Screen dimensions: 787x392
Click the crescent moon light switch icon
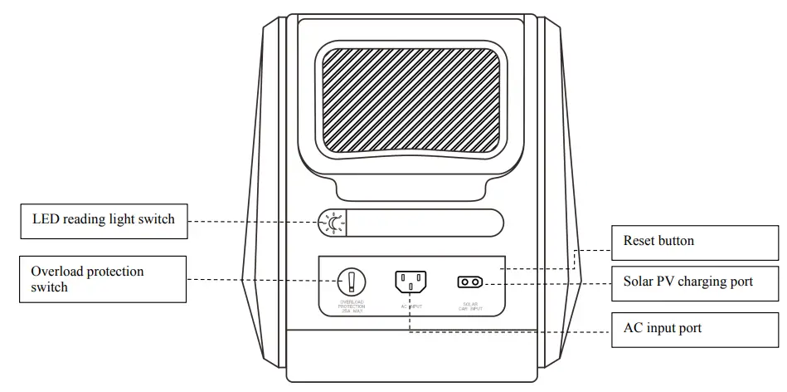tap(333, 222)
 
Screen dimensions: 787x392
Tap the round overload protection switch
tap(352, 280)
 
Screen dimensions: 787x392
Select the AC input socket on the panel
tap(411, 281)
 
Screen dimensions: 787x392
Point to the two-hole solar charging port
tap(469, 282)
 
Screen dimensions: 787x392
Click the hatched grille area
tap(411, 100)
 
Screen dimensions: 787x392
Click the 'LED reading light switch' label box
tap(104, 220)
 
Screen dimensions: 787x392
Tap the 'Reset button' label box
tap(695, 242)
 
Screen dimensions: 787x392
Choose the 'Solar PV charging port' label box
tap(695, 282)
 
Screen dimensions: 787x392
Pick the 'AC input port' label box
tap(695, 328)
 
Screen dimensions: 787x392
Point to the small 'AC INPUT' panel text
tap(411, 305)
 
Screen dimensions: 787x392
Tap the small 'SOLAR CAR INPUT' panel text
tap(470, 306)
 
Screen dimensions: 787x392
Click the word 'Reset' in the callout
tap(639, 241)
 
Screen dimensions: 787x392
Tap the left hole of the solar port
tap(464, 282)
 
